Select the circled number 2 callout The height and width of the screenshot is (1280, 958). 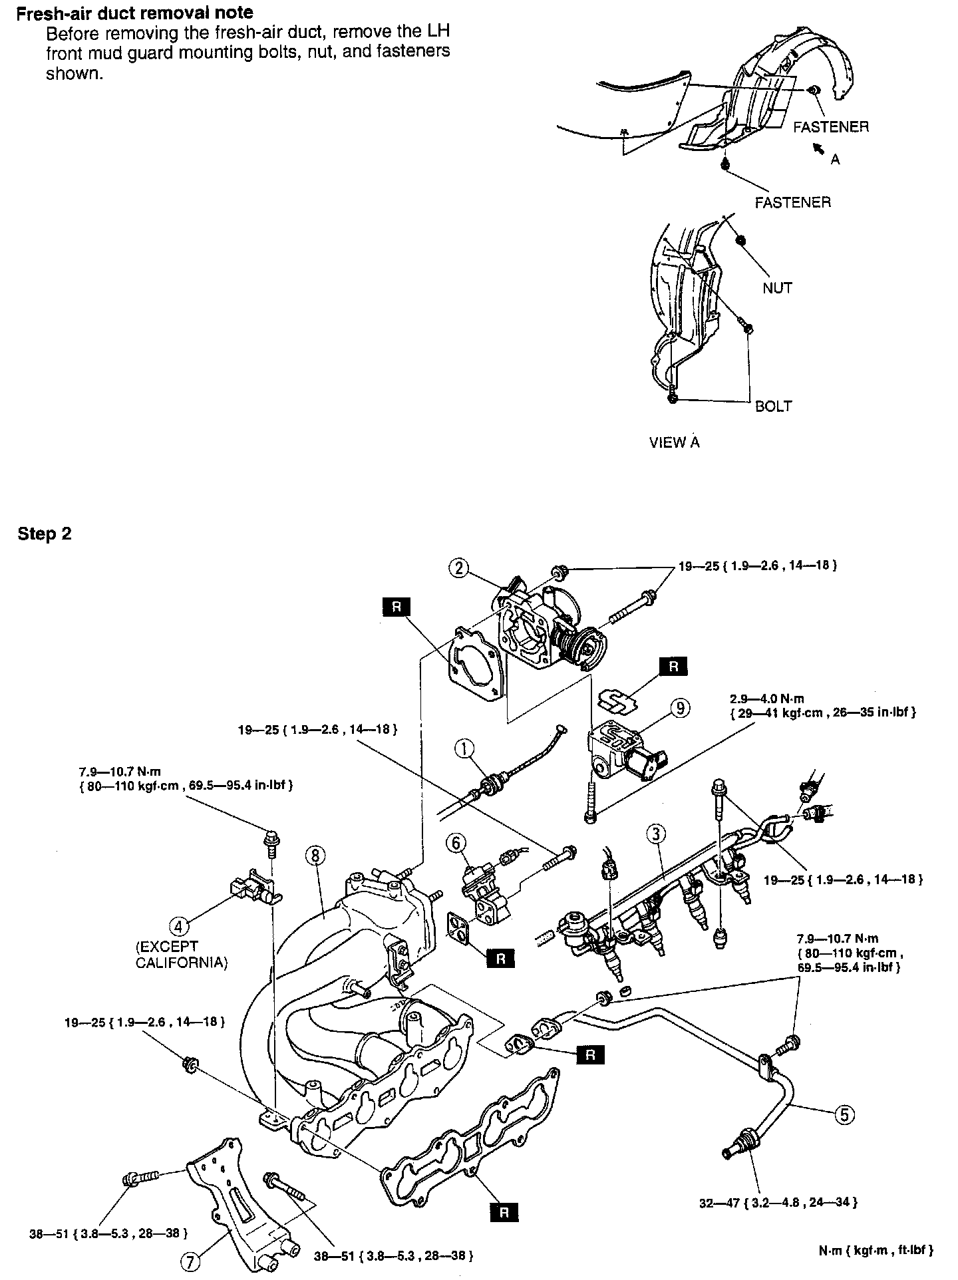point(459,567)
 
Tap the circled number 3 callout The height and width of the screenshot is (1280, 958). point(656,833)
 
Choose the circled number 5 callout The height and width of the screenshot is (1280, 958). point(844,1114)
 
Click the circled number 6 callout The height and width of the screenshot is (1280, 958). point(456,843)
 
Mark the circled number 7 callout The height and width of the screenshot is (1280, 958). point(192,1259)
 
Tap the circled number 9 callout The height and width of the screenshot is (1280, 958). point(680,709)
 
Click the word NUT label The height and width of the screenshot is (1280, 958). point(778,288)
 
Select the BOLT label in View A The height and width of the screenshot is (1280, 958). point(774,406)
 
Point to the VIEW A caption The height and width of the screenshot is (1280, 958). point(675,442)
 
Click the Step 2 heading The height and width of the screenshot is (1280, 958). point(45,534)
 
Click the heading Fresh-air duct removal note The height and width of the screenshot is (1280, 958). point(135,13)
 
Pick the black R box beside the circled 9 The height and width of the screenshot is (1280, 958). point(673,667)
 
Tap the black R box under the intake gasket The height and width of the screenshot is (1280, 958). point(504,1212)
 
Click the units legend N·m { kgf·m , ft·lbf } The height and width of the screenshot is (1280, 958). point(876,1250)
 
